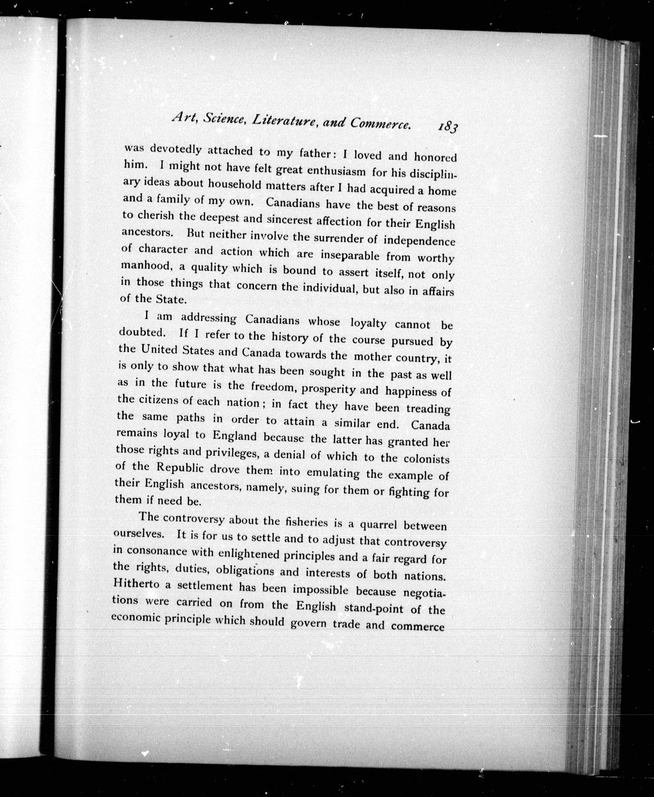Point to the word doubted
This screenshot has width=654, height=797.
142,333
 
